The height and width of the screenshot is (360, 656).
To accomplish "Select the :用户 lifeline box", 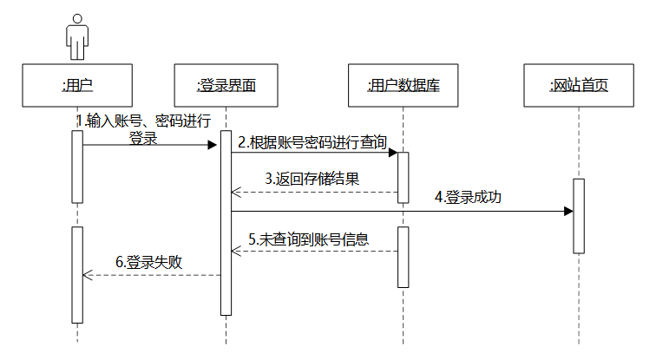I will tap(78, 84).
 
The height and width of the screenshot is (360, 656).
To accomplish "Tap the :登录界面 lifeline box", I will tap(226, 84).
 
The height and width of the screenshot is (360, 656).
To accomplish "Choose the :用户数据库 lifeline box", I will tap(403, 84).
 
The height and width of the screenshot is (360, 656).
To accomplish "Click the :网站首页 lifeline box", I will tap(579, 84).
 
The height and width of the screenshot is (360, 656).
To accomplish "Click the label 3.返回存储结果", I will tap(312, 180).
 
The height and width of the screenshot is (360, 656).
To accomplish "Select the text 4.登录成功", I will tap(468, 198).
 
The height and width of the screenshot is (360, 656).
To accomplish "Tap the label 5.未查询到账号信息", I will tap(309, 239).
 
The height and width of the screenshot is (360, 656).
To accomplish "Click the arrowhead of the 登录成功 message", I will tap(568, 211).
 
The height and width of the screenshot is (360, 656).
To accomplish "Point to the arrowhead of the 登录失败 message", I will tap(87, 275).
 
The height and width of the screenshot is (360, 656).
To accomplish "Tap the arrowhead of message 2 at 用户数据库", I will tap(392, 154).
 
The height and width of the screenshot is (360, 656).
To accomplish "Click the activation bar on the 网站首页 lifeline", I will tap(579, 215).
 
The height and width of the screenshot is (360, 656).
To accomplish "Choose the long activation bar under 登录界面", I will tap(226, 222).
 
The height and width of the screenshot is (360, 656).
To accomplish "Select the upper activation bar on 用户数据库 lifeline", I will tap(403, 177).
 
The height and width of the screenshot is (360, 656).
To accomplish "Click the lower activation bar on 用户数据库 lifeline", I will tap(403, 257).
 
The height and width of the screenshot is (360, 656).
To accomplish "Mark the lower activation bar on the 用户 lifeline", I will tap(77, 274).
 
